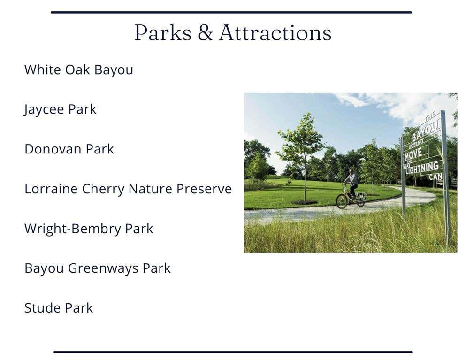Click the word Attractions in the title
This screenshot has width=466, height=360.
tap(275, 32)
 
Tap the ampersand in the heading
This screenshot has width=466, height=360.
tap(205, 32)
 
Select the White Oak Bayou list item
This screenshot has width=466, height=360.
tap(79, 70)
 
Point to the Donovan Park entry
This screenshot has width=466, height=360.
tap(69, 149)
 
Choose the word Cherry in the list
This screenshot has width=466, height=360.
tap(103, 189)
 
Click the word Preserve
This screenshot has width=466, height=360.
tap(204, 189)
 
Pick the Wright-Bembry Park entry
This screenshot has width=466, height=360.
tap(89, 229)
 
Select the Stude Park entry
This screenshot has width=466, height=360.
tap(59, 308)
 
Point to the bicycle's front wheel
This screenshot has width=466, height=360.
tap(342, 201)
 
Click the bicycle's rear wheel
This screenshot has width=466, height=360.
tap(360, 199)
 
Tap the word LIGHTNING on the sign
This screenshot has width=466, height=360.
tap(422, 168)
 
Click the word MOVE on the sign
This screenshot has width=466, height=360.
tap(413, 153)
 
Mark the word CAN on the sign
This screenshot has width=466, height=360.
tap(435, 176)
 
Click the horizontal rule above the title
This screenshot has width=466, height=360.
tap(231, 12)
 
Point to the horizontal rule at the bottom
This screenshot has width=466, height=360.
tap(233, 352)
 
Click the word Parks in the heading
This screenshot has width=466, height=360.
tap(163, 32)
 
